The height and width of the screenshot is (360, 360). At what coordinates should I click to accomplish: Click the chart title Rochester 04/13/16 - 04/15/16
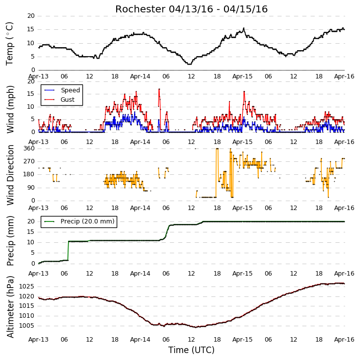point(191,9)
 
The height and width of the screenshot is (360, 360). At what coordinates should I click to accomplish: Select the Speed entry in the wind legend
point(62,90)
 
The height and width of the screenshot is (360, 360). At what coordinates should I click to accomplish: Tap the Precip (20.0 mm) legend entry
point(79,221)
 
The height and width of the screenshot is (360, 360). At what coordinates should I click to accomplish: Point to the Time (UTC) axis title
point(191,350)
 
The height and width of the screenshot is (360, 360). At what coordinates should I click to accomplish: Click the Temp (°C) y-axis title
point(9,44)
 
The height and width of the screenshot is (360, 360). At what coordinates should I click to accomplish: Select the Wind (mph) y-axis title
point(10,109)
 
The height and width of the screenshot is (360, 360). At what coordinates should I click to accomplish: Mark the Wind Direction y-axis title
point(10,175)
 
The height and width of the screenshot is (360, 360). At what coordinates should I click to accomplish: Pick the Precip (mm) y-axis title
point(10,241)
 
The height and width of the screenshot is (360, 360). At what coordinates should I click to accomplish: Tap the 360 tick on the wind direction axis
point(29,148)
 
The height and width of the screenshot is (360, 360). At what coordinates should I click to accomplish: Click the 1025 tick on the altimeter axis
point(26,287)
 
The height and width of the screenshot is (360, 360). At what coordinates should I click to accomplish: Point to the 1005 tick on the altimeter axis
point(26,326)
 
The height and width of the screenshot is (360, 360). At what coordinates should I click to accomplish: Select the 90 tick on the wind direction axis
point(31,188)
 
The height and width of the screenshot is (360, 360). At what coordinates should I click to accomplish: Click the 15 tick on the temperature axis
point(31,29)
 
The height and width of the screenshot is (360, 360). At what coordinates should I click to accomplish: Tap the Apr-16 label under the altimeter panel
point(344,340)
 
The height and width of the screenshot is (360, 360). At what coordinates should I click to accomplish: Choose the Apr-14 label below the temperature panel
point(140,76)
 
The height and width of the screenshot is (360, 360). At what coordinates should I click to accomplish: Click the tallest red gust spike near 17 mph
point(159,89)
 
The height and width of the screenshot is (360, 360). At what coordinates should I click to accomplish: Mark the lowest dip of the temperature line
point(189,64)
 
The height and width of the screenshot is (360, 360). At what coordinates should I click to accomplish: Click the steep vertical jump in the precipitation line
point(68,251)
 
